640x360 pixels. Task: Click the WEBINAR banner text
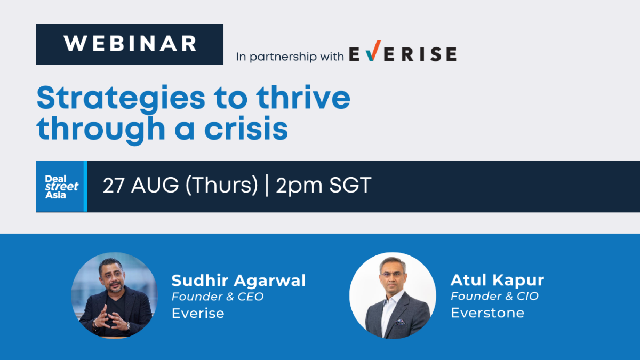[130, 44]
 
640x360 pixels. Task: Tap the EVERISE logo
[403, 51]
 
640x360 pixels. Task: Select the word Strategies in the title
[121, 99]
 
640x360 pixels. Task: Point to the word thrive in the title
[303, 97]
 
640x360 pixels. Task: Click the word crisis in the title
[246, 129]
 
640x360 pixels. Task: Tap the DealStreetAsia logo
[61, 186]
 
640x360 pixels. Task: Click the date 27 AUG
[141, 185]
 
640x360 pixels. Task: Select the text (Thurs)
[222, 186]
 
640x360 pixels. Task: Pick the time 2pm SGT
[323, 186]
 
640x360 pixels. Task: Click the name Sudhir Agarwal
[238, 281]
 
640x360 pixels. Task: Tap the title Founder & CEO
[218, 297]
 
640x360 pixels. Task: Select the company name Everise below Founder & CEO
[198, 313]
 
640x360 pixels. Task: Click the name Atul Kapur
[498, 280]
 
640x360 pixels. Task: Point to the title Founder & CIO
[494, 296]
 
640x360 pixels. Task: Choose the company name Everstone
[487, 313]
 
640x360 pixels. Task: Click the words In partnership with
[290, 57]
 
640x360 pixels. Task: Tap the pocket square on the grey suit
[400, 322]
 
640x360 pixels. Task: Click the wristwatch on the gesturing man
[129, 326]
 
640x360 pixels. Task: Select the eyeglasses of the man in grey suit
[392, 274]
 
